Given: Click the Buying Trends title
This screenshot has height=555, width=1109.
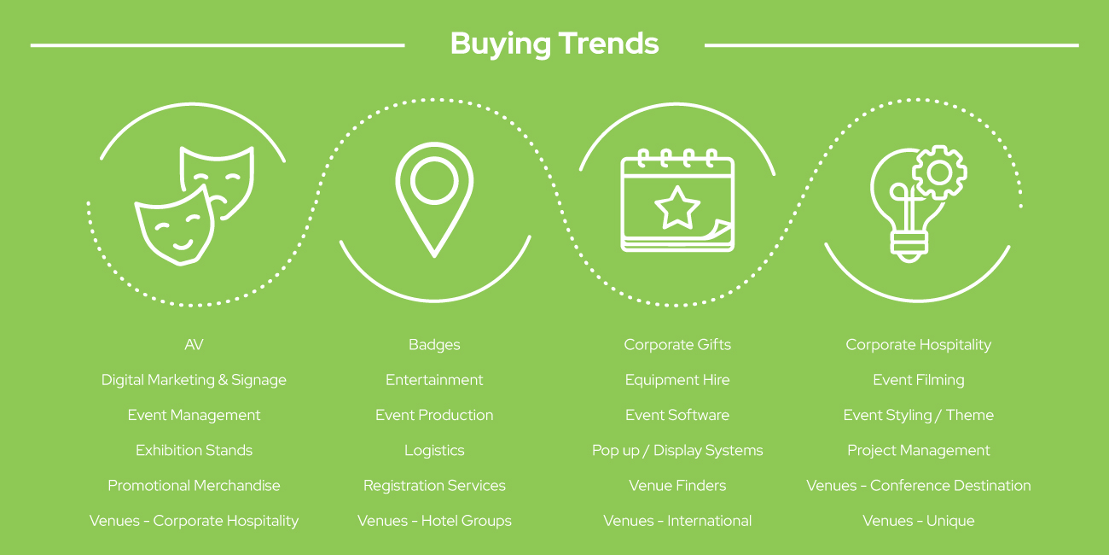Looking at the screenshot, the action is (x=554, y=44).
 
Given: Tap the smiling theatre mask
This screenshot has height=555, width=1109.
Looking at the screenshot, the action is (x=174, y=226).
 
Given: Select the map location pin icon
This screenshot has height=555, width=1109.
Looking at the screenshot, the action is (x=434, y=199).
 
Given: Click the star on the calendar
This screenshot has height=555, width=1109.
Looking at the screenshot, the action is (x=677, y=207).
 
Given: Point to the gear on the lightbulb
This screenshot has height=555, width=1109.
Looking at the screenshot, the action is (x=939, y=173).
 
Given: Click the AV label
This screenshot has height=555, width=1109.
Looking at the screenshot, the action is (x=194, y=344).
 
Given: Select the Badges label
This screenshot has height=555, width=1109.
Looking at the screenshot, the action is (x=434, y=345).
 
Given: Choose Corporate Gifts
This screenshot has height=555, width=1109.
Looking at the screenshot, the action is (x=677, y=345).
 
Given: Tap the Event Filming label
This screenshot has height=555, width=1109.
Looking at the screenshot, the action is (x=919, y=380).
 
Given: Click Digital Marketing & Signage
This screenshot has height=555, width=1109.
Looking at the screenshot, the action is (x=194, y=380).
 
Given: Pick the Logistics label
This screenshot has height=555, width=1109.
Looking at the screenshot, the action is (x=434, y=451).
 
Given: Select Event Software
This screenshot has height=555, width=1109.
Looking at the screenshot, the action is (x=677, y=415).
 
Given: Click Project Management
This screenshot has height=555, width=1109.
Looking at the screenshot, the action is (x=919, y=451).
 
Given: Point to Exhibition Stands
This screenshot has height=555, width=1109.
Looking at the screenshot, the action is (x=194, y=450).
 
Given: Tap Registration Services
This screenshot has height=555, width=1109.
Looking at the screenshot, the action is (x=434, y=486).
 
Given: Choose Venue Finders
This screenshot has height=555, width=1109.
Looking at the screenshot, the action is (x=677, y=485).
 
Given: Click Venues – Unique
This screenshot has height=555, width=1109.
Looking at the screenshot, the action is (x=919, y=521).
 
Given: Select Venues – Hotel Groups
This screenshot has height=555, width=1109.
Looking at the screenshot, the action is (x=434, y=521).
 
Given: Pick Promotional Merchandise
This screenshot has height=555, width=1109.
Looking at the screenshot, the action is (x=194, y=485).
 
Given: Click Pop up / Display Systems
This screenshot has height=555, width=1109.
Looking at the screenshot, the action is (x=677, y=451).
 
